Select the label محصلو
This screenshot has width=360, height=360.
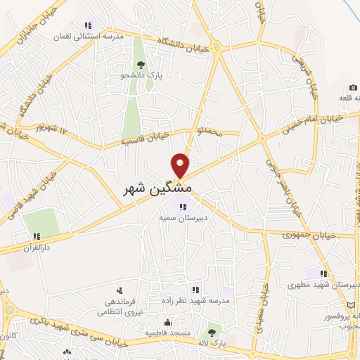[x=210, y=130]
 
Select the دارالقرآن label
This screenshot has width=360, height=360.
[x=32, y=248]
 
